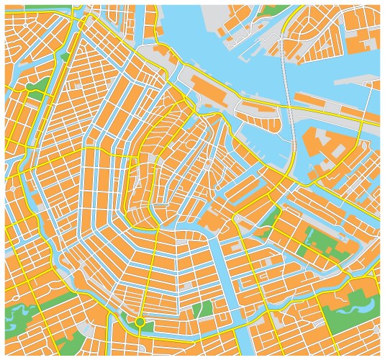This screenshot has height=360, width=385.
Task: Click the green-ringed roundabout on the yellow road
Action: pos(140,322)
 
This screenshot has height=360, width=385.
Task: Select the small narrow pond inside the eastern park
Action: pos(302,249)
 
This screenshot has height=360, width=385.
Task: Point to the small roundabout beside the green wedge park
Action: pos(235,217)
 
